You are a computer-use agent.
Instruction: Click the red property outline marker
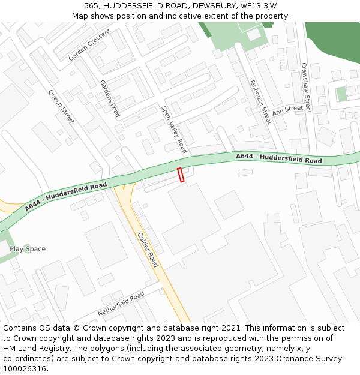coord(181,175)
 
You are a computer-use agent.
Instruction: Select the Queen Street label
coord(61,107)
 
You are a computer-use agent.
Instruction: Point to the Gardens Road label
coord(110,98)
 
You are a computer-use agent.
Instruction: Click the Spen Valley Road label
coord(174,129)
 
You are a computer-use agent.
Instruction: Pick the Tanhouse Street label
coord(260,101)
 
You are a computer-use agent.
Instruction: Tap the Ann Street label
coord(287,110)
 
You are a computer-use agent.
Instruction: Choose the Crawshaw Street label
coord(305,88)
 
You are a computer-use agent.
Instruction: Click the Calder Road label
coord(148,250)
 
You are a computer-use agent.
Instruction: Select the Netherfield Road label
coord(121,304)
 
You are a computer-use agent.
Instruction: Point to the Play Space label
coord(28,249)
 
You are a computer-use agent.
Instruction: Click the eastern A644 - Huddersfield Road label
coord(278,158)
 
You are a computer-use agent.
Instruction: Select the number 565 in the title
coord(91,6)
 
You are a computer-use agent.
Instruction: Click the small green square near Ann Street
coord(341,94)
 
